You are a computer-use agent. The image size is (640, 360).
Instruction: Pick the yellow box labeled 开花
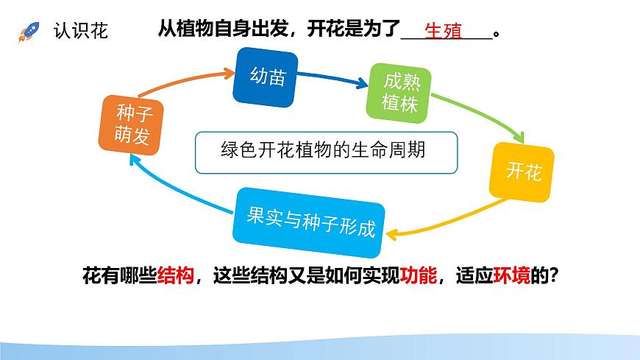click(524, 173)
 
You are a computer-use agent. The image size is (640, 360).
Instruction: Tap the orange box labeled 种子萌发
click(132, 125)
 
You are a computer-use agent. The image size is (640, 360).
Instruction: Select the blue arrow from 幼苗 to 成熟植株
click(335, 79)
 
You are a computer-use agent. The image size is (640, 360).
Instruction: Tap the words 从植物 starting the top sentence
click(182, 30)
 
